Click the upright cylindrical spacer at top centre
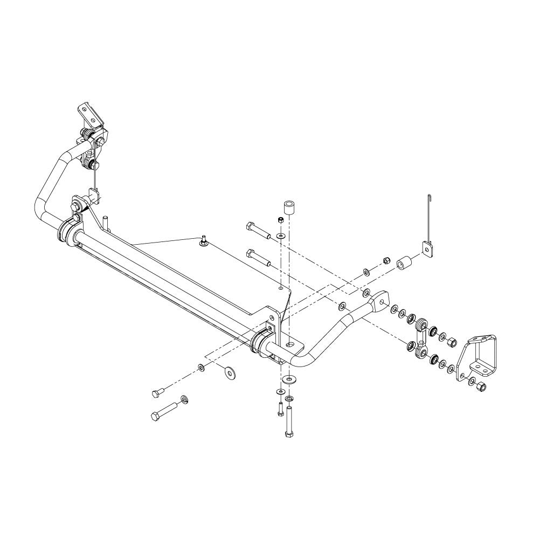pos(289,208)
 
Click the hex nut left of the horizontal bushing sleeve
pos(386,260)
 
